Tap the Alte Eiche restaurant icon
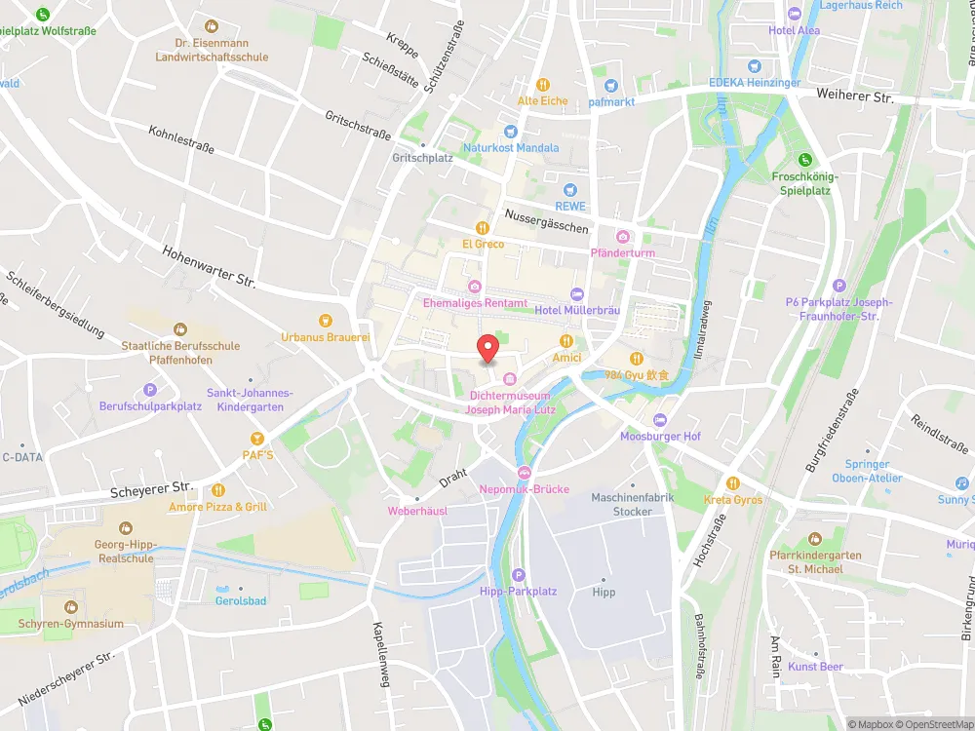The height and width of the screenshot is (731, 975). coord(543,84)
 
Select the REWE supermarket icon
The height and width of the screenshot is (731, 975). coord(571,190)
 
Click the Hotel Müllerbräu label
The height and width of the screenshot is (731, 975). coord(578,310)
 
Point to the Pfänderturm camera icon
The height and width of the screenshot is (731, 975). coord(623,237)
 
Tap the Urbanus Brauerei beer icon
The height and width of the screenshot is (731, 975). coord(326,320)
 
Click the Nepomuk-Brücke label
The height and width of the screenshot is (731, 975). coord(525,489)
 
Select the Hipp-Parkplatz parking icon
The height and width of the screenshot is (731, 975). coord(518,575)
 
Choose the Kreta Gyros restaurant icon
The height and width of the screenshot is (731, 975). coord(732,483)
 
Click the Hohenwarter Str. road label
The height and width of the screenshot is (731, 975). coord(209,266)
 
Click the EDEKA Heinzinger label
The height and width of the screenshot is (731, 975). coord(755,83)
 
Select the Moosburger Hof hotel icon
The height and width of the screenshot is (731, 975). coord(660,419)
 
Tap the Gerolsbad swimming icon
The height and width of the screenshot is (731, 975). coord(240,588)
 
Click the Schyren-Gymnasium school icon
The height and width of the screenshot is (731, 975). coord(70,607)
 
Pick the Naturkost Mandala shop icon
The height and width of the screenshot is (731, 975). coord(509,132)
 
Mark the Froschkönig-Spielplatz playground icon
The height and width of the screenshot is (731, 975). coord(804,160)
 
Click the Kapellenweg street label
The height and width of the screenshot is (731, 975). coord(382,655)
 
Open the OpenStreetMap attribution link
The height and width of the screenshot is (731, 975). coord(926,724)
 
